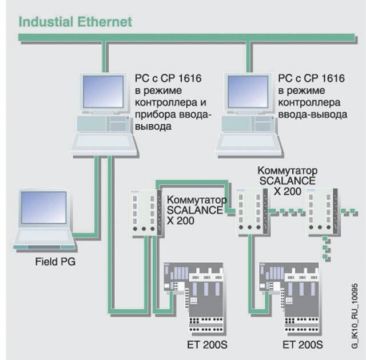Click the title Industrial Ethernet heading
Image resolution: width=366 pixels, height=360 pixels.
(x=75, y=22)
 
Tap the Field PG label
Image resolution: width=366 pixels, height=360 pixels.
(x=55, y=262)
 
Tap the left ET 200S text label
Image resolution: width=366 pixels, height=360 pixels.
(x=206, y=345)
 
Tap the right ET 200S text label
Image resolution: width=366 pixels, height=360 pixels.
(x=303, y=345)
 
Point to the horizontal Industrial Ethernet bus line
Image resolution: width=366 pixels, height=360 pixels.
(x=183, y=38)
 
